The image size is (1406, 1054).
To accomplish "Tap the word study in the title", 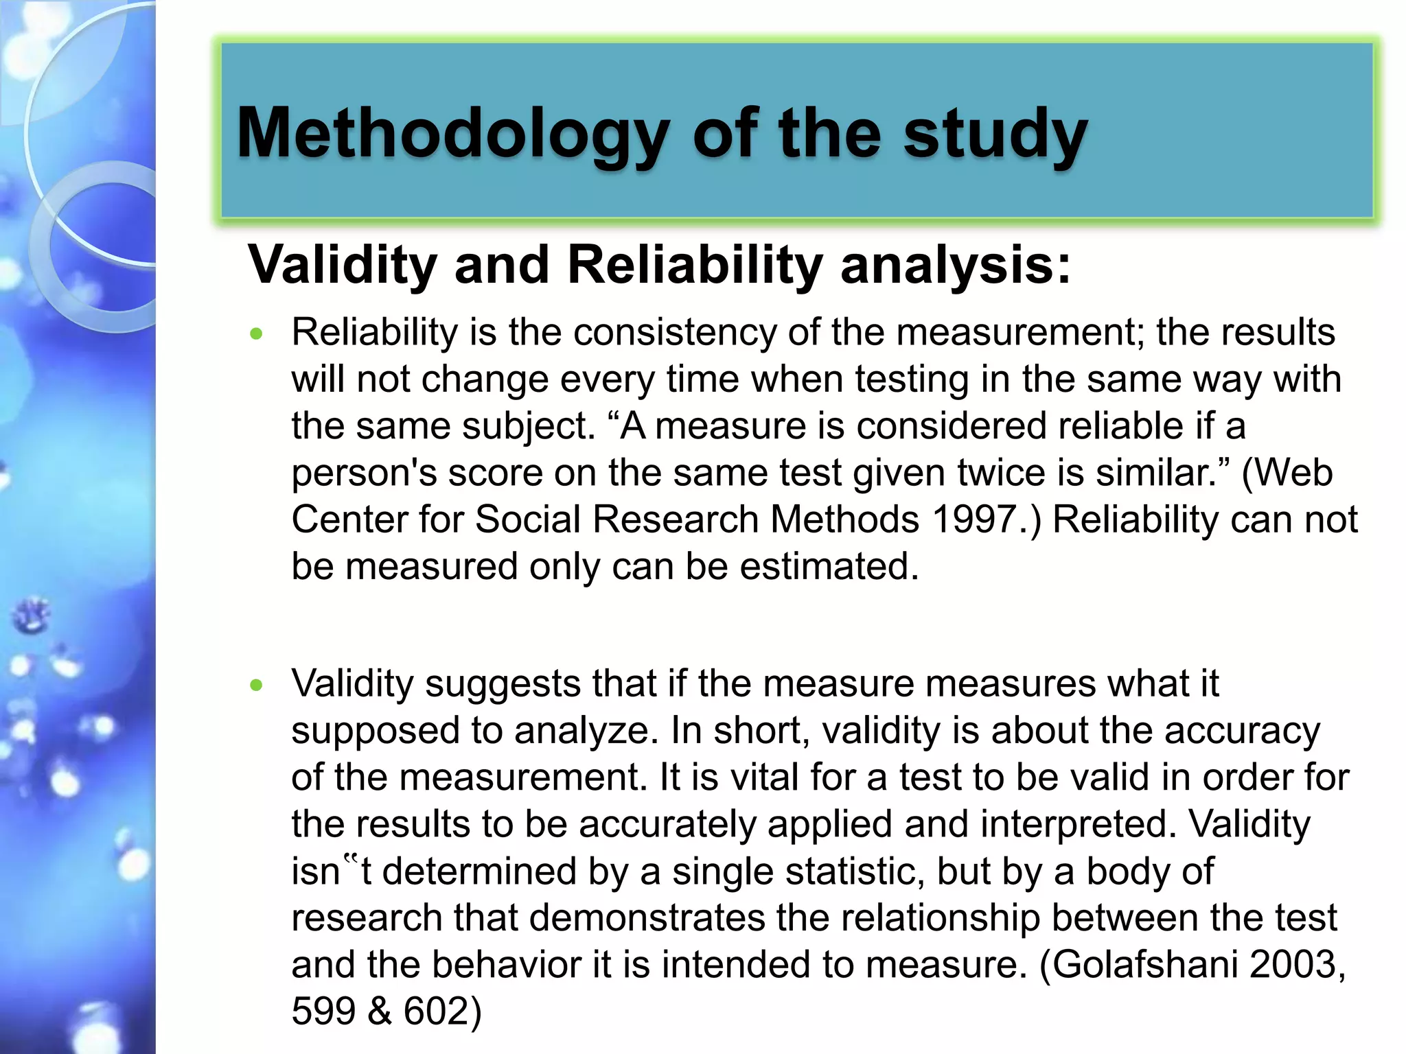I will [995, 134].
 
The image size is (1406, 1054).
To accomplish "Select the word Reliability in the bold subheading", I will [695, 265].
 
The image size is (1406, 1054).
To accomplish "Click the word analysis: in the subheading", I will [956, 265].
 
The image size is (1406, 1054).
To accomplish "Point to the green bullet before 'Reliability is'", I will [257, 334].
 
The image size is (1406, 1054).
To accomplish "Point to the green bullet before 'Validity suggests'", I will [257, 685].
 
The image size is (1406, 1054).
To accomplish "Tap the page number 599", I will [323, 1011].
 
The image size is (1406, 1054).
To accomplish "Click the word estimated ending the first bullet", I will [822, 567].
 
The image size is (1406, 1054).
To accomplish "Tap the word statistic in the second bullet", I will [855, 871].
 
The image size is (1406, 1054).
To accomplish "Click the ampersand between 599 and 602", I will [380, 1011].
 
